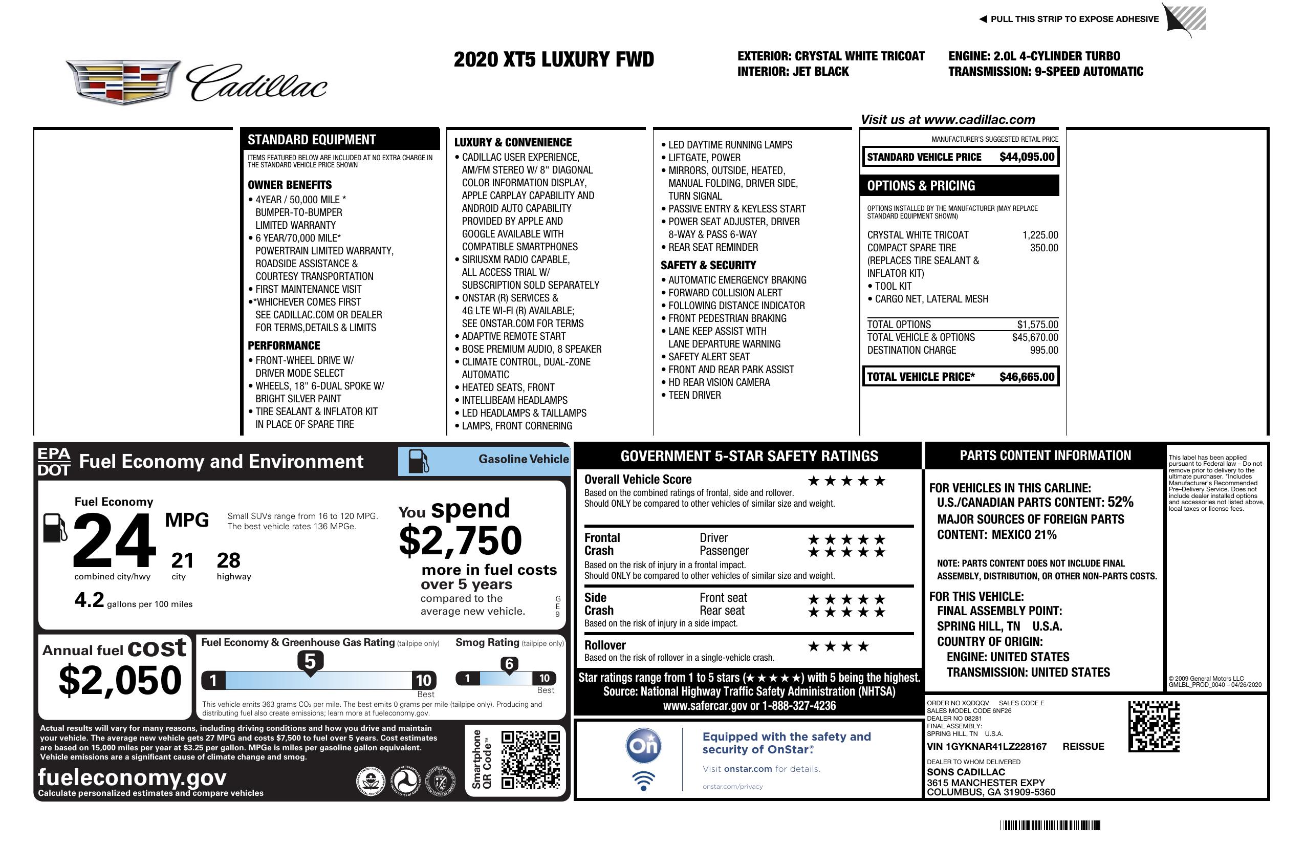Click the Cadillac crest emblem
pyautogui.click(x=123, y=82)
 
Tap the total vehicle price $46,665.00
pyautogui.click(x=1027, y=377)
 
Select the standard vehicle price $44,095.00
pyautogui.click(x=1027, y=157)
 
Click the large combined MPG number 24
pyautogui.click(x=114, y=540)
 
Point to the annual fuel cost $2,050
pyautogui.click(x=120, y=680)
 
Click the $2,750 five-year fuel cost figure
pyautogui.click(x=460, y=540)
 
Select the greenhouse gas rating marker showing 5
pyautogui.click(x=310, y=662)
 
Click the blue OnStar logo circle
pyautogui.click(x=644, y=746)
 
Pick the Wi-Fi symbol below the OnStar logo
pyautogui.click(x=644, y=781)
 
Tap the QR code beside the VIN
pyautogui.click(x=1154, y=726)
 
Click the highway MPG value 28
pyautogui.click(x=229, y=560)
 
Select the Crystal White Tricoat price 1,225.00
pyautogui.click(x=1039, y=235)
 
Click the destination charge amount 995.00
pyautogui.click(x=1043, y=350)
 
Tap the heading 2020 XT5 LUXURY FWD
pyautogui.click(x=554, y=59)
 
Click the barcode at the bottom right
pyautogui.click(x=1050, y=825)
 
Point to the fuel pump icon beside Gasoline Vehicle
pyautogui.click(x=419, y=461)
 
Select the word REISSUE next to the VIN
pyautogui.click(x=1083, y=746)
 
